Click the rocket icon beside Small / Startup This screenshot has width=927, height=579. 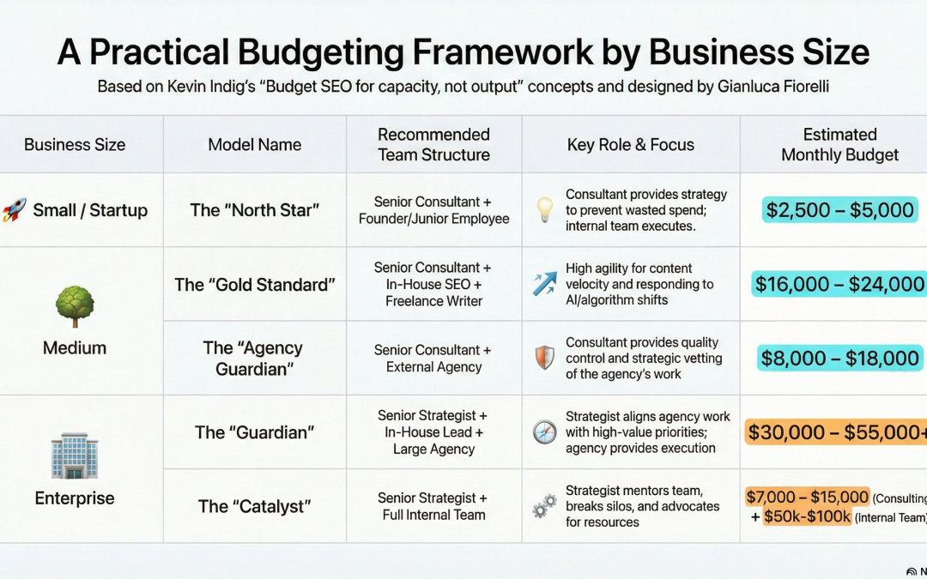point(14,209)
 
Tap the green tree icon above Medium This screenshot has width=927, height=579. point(75,306)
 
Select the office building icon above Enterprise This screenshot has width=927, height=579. point(75,455)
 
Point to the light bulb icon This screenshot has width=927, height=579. point(544,210)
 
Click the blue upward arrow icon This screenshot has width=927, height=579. point(544,284)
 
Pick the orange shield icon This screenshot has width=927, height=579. point(544,358)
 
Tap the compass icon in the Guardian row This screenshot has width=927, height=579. point(544,432)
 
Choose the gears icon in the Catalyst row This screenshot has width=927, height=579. point(544,506)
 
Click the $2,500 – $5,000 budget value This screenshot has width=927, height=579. point(840,210)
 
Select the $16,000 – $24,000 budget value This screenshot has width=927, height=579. point(839,284)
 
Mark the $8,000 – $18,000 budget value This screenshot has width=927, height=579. point(839,358)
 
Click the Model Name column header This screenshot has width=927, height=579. point(255,145)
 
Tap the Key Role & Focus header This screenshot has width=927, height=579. point(631,145)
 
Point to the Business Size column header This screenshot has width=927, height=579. point(75,145)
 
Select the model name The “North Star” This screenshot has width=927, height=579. point(255,210)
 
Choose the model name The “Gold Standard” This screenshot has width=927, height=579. point(255,284)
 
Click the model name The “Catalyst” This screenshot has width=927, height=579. point(255,506)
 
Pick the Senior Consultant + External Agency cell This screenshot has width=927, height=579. point(433,359)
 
